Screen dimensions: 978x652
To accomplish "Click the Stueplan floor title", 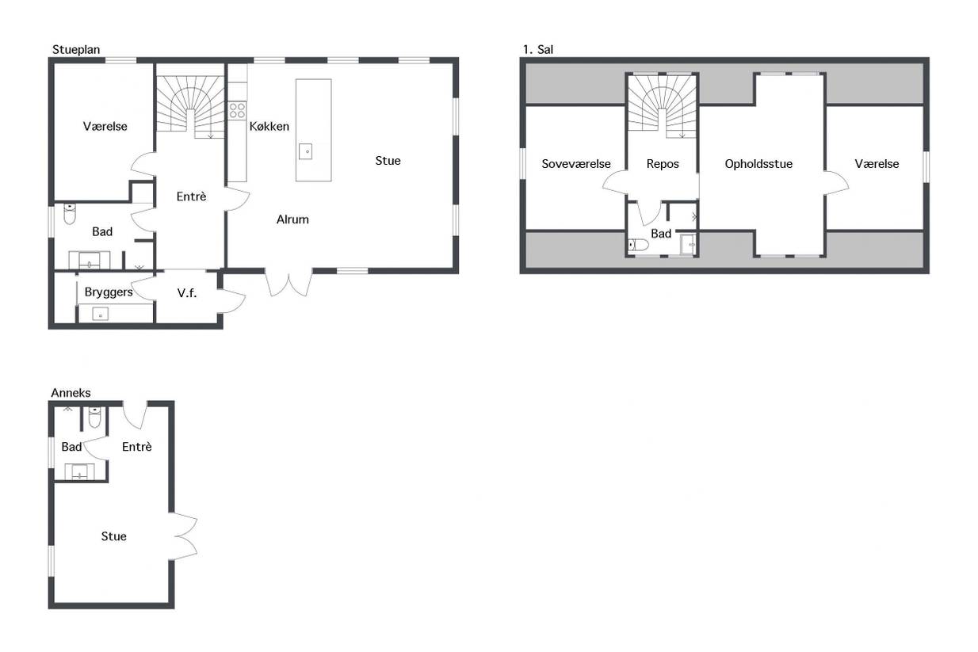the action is click(x=76, y=50).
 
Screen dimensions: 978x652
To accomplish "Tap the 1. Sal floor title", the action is click(x=538, y=50).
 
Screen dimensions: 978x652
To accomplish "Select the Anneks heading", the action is click(x=71, y=393).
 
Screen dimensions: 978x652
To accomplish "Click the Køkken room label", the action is click(x=269, y=127).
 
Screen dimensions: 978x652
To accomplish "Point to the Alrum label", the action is click(x=292, y=219).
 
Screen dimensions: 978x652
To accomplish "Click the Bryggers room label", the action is click(x=109, y=292).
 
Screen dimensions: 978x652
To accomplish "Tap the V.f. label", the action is click(x=187, y=293).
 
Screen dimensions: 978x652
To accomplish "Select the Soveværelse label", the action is click(x=576, y=164).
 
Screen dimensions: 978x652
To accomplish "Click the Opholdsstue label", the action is click(x=758, y=164).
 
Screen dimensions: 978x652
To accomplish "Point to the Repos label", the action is click(x=663, y=164).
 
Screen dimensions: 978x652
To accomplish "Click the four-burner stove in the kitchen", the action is click(x=237, y=110).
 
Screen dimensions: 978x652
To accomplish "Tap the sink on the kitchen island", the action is click(x=306, y=152).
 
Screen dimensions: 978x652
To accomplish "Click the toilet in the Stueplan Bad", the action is click(x=70, y=214).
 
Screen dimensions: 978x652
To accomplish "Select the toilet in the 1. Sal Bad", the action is click(x=638, y=245).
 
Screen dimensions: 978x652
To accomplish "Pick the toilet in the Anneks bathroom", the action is click(x=95, y=418).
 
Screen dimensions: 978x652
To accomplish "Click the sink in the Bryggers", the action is click(x=101, y=315).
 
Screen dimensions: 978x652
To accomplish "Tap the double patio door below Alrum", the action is click(x=288, y=283).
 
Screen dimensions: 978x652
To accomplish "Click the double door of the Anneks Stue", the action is click(x=183, y=536).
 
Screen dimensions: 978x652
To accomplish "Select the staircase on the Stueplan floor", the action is click(x=190, y=108).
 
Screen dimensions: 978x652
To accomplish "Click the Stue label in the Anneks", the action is click(x=114, y=536).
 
